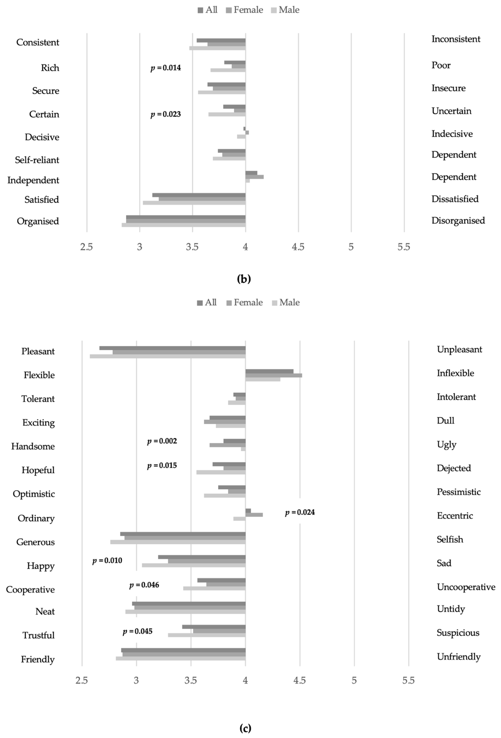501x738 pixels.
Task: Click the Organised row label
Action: (x=38, y=221)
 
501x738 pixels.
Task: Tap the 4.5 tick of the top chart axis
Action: (x=298, y=247)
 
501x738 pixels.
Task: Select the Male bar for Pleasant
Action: (x=168, y=356)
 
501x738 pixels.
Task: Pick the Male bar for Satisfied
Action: (x=194, y=203)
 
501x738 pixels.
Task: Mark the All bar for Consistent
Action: (x=221, y=40)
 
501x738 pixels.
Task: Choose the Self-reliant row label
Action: (x=37, y=160)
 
